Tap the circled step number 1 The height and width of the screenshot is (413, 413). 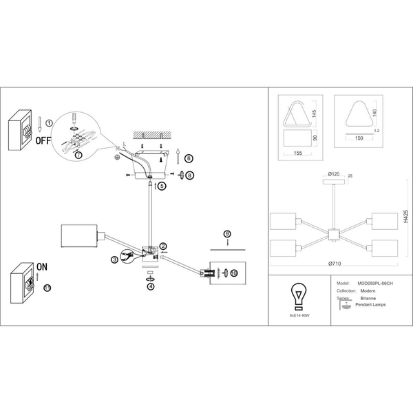point(49,122)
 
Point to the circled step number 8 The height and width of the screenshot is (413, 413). point(190,176)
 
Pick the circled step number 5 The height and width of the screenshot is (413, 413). point(162,186)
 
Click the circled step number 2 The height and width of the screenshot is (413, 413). point(163,246)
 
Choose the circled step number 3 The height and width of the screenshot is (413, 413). point(115,260)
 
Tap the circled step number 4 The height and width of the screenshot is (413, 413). point(150,286)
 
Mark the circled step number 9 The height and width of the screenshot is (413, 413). point(228,235)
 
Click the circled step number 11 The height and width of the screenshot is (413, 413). point(47,287)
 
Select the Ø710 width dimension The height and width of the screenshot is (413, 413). point(335,264)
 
